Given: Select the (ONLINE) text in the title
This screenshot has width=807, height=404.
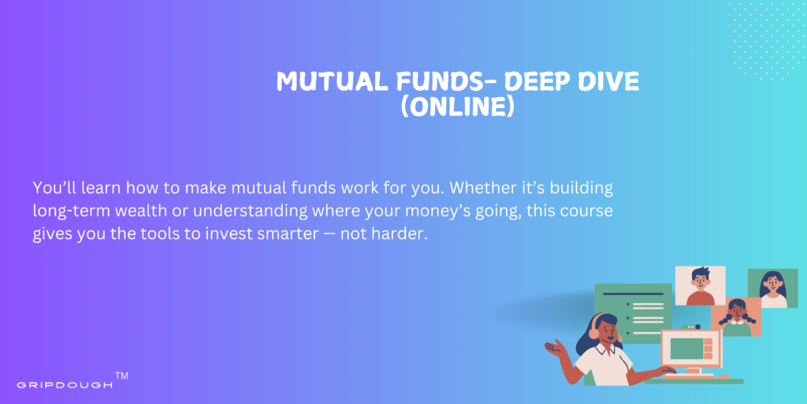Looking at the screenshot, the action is [x=457, y=107].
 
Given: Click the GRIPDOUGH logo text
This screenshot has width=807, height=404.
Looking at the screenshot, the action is [x=65, y=385].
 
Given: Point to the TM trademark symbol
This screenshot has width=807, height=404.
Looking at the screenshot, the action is [x=121, y=376].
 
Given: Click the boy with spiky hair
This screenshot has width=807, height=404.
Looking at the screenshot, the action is [x=700, y=286].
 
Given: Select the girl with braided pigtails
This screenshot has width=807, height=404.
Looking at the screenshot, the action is [x=736, y=317].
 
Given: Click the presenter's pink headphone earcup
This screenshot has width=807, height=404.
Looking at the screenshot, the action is [x=594, y=333].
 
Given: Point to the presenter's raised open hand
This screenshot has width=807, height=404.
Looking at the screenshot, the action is [x=555, y=348].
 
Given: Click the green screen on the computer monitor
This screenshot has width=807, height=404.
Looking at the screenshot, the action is [x=686, y=349].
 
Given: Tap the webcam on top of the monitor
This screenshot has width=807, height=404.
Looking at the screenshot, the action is [x=690, y=327].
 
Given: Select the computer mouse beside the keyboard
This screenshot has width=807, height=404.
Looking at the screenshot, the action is [x=724, y=377].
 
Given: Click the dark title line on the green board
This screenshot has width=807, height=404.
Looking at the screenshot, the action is [x=633, y=294].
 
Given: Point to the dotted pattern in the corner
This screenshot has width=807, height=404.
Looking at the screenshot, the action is [x=766, y=40].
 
